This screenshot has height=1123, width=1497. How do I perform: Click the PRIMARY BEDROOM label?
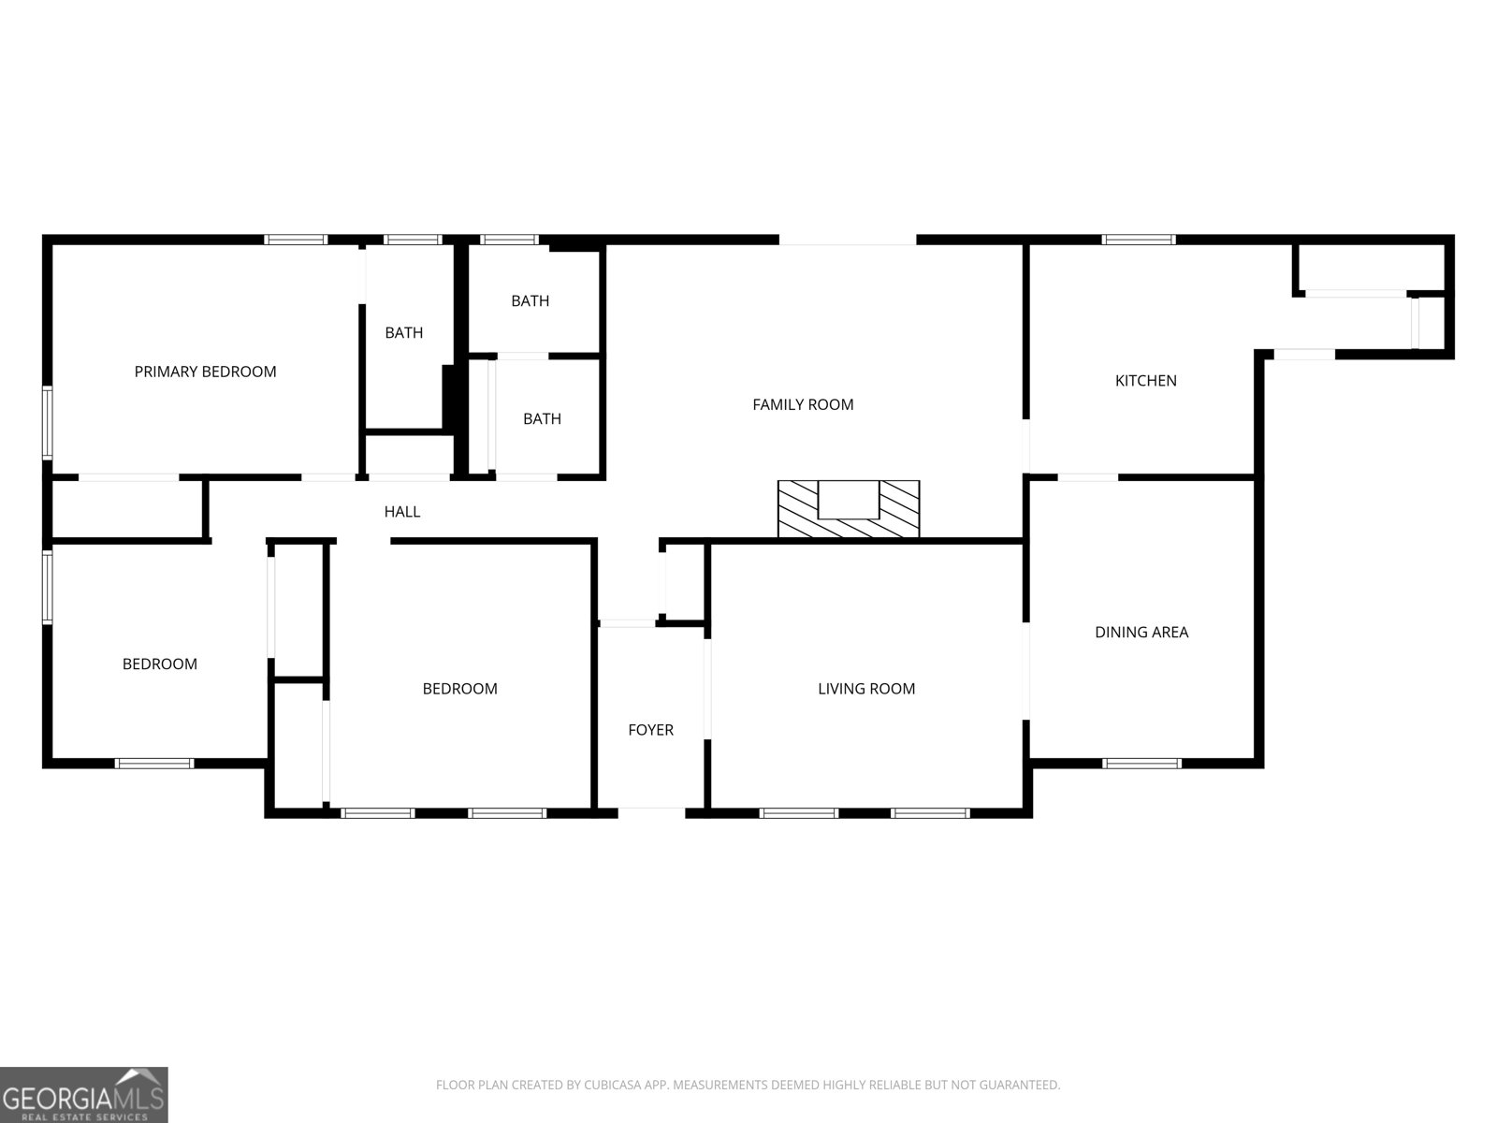pos(205,372)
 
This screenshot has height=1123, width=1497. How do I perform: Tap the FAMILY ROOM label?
pos(803,404)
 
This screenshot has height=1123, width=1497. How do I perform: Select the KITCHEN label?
pos(1145,380)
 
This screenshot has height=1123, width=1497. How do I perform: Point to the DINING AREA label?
pos(1141,632)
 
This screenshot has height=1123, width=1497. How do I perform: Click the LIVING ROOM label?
pos(866,689)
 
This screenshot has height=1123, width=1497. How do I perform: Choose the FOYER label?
pos(650,730)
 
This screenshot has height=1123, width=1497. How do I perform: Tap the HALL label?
pos(402,511)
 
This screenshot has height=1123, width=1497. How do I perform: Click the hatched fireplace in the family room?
pos(849,510)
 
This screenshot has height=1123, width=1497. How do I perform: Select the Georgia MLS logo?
pos(83,1094)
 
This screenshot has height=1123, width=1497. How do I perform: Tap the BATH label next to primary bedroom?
pos(404,332)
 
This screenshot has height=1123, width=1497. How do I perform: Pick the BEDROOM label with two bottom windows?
pos(459,689)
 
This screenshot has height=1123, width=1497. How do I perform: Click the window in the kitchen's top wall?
pos(1139,240)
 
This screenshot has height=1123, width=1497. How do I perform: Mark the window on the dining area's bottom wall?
pos(1141,764)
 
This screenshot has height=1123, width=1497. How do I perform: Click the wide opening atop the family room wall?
pos(847,241)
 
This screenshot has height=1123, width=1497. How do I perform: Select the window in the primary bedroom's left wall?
pos(47,422)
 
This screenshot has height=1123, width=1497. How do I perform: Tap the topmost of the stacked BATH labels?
pos(530,300)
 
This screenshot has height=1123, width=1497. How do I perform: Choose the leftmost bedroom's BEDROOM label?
pos(160,664)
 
